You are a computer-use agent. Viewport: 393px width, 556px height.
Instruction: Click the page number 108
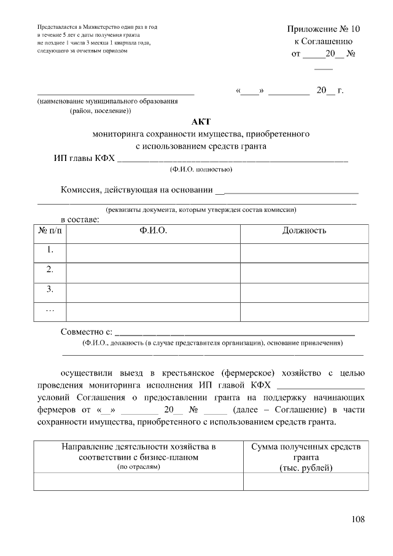(x=359, y=519)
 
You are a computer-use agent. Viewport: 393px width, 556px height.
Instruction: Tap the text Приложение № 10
(x=324, y=29)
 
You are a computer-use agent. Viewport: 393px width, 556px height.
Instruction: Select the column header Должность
(x=304, y=230)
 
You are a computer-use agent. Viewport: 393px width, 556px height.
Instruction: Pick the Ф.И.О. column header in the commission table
(x=153, y=230)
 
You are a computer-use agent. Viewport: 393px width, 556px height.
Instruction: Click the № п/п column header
(x=50, y=230)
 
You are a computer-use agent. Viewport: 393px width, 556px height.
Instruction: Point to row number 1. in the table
(x=50, y=250)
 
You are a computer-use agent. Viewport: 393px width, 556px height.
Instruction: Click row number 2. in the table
(x=50, y=270)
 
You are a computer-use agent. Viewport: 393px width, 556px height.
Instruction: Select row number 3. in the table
(x=50, y=289)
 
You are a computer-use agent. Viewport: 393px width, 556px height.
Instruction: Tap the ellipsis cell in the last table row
(x=50, y=310)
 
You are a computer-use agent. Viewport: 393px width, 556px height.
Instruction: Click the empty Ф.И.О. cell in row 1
(x=153, y=251)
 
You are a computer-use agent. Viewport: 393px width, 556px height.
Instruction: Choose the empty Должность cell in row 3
(x=304, y=290)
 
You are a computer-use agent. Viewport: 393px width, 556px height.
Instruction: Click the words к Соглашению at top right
(x=324, y=41)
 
